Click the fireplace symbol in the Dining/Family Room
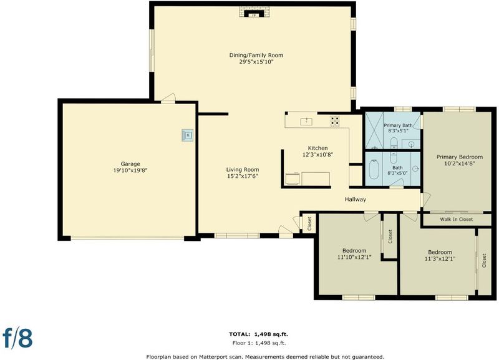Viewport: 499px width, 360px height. (x=254, y=12)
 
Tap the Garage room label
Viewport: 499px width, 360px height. (x=130, y=163)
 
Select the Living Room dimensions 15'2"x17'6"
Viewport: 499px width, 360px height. (x=243, y=176)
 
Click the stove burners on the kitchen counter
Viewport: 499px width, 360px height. (x=335, y=121)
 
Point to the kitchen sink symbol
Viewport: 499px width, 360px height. (x=306, y=121)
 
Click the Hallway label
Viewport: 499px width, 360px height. (x=356, y=199)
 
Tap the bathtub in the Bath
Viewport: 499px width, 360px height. (x=374, y=169)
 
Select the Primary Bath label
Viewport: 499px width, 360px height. (x=398, y=125)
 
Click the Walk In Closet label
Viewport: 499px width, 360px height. (x=457, y=220)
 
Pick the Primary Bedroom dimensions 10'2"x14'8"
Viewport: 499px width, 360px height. (x=460, y=163)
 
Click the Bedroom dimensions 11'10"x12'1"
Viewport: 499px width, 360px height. (x=354, y=257)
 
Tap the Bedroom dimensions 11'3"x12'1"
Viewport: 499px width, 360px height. (x=440, y=259)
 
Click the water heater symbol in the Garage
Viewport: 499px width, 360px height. (x=188, y=135)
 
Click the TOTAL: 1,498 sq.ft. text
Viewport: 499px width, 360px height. (x=258, y=334)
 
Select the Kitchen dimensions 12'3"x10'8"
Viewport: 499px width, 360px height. (x=317, y=155)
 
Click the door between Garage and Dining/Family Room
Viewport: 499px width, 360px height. (x=168, y=98)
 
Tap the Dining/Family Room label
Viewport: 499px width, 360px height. (x=256, y=55)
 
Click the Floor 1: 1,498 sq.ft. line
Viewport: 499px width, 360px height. (x=259, y=343)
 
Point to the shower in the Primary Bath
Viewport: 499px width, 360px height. (x=374, y=130)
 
